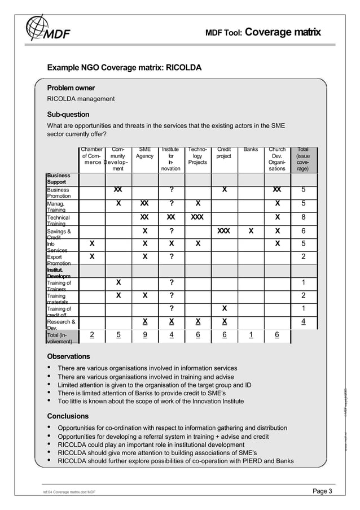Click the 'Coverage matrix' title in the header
(x=283, y=32)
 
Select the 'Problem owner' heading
(x=71, y=88)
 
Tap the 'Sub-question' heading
(x=68, y=115)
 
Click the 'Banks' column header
(x=251, y=150)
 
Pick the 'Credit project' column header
(x=224, y=152)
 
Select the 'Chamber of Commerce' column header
(x=92, y=156)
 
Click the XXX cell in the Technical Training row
(x=197, y=217)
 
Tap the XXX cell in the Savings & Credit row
(x=224, y=231)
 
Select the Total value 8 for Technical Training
(x=304, y=217)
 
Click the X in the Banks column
(x=251, y=231)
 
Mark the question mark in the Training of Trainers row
(x=171, y=282)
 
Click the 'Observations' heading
(x=68, y=356)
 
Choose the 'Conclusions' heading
(x=67, y=416)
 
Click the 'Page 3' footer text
(x=322, y=491)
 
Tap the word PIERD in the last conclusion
(x=252, y=461)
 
